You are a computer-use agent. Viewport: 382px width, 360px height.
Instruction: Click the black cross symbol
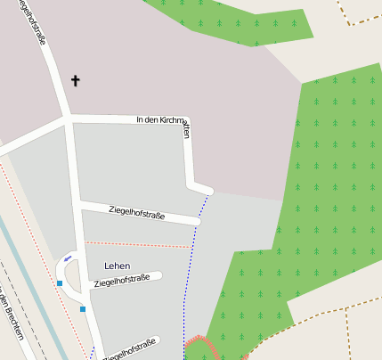coord(76,81)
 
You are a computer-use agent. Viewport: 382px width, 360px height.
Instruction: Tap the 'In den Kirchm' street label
coord(161,119)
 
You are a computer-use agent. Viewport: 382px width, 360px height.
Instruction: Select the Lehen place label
coord(118,266)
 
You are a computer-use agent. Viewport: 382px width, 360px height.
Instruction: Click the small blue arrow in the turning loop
coord(69,258)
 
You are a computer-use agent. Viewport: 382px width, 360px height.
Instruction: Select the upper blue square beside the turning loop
coord(60,283)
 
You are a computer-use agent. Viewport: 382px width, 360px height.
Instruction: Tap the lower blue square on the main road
coord(83,309)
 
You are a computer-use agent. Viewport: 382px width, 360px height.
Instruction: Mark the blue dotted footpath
coord(189,267)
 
